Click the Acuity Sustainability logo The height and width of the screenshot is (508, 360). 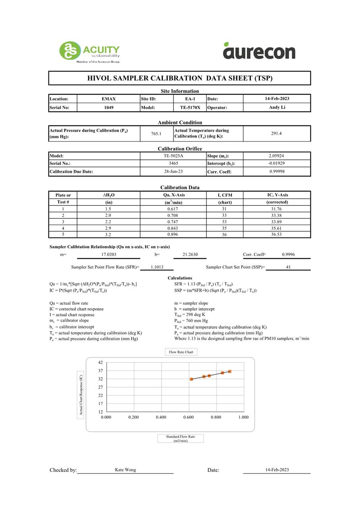89,52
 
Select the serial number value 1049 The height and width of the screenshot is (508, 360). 108,107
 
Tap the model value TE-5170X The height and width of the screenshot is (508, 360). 190,107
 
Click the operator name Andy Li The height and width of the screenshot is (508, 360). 277,107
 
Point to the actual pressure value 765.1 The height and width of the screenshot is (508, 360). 156,134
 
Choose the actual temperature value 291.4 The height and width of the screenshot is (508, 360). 276,134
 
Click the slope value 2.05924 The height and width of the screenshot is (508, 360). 276,156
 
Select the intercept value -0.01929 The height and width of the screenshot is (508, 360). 276,163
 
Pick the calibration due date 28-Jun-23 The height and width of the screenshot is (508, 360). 173,172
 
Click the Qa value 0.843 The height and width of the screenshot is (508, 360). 173,228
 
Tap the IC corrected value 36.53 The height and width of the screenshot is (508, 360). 276,234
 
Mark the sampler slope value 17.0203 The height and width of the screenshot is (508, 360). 108,255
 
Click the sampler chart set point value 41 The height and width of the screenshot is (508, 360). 288,267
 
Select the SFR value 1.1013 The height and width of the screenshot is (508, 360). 157,267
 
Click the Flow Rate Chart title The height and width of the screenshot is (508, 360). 181,352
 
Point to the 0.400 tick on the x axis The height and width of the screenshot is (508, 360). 161,417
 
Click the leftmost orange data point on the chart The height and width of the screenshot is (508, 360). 191,379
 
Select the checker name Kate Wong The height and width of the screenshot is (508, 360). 125,470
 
